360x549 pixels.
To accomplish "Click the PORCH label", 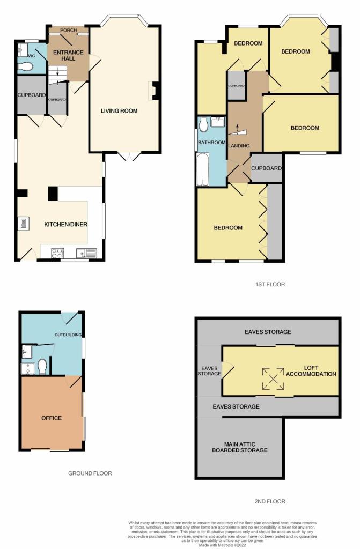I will click(x=68, y=31).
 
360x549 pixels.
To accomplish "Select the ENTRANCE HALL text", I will click(x=63, y=55).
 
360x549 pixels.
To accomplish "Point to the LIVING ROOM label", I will click(x=119, y=111).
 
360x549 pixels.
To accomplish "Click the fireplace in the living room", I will click(x=155, y=91).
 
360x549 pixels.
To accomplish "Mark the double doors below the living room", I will click(x=130, y=156).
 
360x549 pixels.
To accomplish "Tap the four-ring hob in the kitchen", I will click(x=57, y=254).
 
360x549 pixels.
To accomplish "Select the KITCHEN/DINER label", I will click(x=67, y=224).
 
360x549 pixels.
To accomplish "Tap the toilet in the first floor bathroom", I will click(x=203, y=125).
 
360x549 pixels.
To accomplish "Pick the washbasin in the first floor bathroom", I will click(x=218, y=122).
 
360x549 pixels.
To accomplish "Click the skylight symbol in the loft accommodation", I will click(x=273, y=378).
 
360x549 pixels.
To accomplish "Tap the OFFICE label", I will click(x=52, y=418).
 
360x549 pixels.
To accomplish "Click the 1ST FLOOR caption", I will click(x=270, y=284).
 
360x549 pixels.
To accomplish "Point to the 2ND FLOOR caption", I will click(x=270, y=501).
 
